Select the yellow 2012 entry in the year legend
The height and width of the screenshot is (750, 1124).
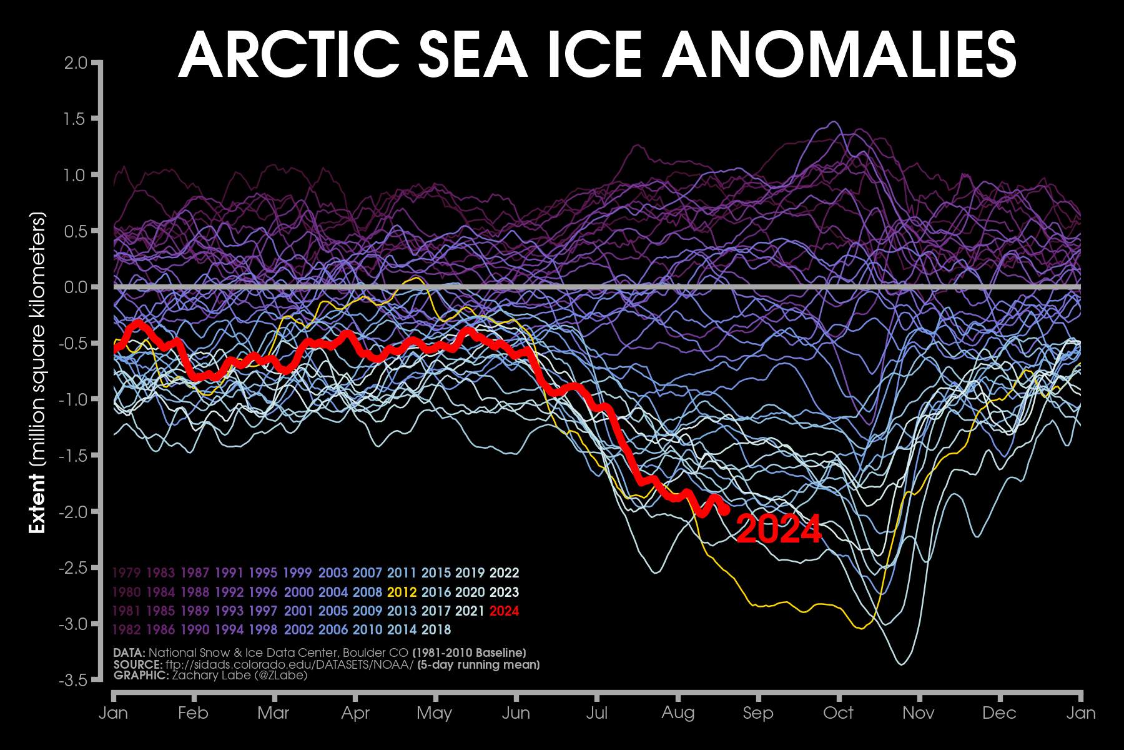click(x=402, y=592)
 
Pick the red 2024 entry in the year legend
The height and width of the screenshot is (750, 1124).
click(x=504, y=611)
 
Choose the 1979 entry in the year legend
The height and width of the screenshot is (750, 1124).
click(x=127, y=572)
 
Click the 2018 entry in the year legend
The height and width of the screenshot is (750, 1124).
click(x=436, y=629)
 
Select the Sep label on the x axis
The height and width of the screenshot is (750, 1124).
click(x=758, y=713)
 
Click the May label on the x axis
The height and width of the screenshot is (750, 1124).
click(x=435, y=713)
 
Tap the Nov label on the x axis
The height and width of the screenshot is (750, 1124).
click(x=919, y=713)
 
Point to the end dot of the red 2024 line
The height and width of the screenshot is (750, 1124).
click(x=724, y=510)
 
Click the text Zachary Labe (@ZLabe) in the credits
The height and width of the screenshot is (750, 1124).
click(x=240, y=675)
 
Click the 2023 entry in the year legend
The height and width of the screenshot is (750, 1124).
click(x=504, y=592)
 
